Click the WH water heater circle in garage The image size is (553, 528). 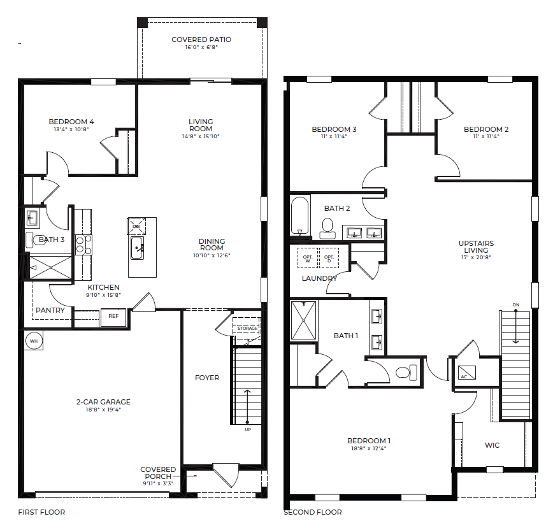34,341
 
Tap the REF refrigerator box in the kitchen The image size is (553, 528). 113,316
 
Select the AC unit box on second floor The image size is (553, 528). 466,373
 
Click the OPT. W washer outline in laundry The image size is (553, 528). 308,258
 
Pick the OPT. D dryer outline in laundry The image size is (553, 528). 329,258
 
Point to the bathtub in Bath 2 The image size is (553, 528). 300,216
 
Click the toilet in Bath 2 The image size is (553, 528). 327,229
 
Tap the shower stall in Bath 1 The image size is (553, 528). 304,320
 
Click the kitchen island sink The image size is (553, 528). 137,248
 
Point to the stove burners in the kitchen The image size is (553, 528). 83,245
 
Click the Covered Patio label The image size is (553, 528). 201,40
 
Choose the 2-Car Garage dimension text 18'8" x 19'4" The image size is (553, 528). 103,410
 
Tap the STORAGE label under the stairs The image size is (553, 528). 247,329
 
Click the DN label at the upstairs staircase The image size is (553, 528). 516,305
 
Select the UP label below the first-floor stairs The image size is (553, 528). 248,430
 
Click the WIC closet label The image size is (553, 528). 492,445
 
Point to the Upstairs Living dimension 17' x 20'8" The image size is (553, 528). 476,257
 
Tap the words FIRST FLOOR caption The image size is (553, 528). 41,512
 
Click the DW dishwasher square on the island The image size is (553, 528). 136,226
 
